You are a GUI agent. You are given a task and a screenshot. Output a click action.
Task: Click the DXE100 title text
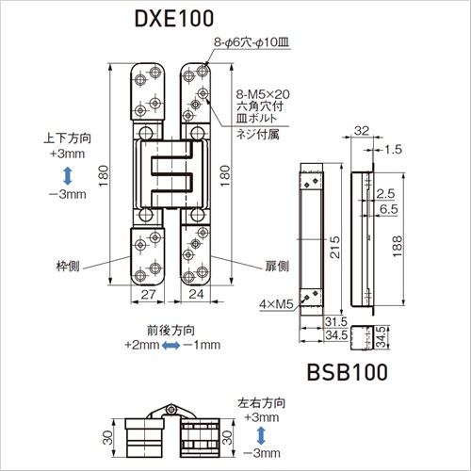[174, 19]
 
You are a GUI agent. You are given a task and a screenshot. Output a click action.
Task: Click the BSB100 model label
[348, 372]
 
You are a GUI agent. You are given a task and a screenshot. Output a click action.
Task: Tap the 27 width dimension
[148, 294]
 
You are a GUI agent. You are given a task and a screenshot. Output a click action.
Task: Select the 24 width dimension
[196, 294]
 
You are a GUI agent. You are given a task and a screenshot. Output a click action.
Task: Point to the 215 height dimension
[334, 248]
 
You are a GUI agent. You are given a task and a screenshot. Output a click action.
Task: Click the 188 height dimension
[397, 246]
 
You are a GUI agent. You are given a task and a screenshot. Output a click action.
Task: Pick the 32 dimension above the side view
[362, 131]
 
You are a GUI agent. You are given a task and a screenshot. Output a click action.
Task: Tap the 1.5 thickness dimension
[393, 150]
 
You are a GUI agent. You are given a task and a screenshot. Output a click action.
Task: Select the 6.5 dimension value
[388, 209]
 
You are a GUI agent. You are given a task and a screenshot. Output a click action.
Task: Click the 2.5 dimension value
[385, 194]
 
